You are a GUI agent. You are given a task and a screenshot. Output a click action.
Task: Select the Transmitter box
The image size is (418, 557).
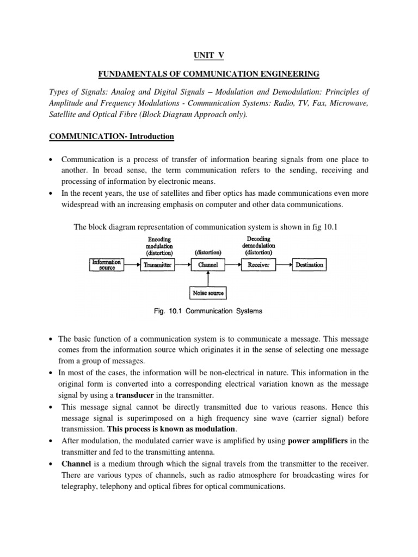tap(157, 265)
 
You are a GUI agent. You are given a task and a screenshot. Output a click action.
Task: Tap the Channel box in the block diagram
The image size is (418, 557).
tap(208, 265)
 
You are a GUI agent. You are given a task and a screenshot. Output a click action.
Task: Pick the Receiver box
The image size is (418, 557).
tap(259, 265)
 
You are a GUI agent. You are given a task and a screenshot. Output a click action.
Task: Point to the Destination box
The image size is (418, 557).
tap(309, 265)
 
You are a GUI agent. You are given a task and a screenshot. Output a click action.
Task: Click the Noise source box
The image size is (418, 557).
tap(208, 293)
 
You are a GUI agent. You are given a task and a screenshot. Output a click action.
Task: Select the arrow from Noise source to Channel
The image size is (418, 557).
tap(208, 278)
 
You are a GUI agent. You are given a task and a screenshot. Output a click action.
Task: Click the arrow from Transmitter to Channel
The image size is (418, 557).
tap(182, 265)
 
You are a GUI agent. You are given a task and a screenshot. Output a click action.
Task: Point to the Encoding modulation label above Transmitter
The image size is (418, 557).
tap(158, 245)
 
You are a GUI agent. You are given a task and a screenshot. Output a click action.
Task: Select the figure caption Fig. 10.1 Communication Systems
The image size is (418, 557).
tap(209, 311)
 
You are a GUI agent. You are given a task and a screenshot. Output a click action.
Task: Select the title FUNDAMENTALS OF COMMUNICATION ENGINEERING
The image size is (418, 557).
tap(208, 73)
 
